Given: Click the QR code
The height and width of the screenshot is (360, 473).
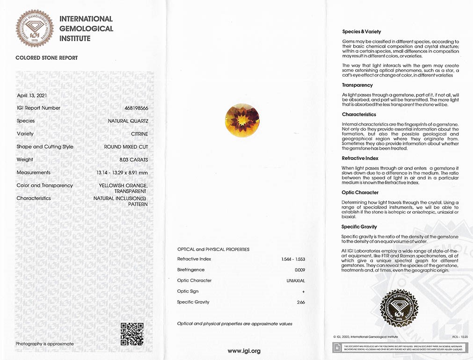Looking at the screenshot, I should [132, 334].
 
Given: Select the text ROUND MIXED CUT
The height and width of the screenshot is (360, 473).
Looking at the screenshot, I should [126, 147].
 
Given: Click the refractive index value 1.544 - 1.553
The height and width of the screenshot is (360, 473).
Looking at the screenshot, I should [293, 259].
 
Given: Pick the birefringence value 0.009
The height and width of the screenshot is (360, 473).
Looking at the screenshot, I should [299, 270].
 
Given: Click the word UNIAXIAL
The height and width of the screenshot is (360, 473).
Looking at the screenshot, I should [295, 281].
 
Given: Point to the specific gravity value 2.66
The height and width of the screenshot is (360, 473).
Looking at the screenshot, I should [301, 302].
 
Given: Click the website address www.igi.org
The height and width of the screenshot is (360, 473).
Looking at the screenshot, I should [244, 351].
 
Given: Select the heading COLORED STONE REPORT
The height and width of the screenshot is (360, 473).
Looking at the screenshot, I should [47, 58].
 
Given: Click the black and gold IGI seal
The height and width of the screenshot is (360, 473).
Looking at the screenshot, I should [399, 307].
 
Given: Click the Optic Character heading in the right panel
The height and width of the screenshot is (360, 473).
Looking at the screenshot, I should [360, 193].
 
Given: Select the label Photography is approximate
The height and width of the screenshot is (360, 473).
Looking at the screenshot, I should [44, 344].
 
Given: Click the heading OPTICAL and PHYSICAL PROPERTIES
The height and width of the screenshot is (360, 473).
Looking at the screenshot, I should [213, 249].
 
